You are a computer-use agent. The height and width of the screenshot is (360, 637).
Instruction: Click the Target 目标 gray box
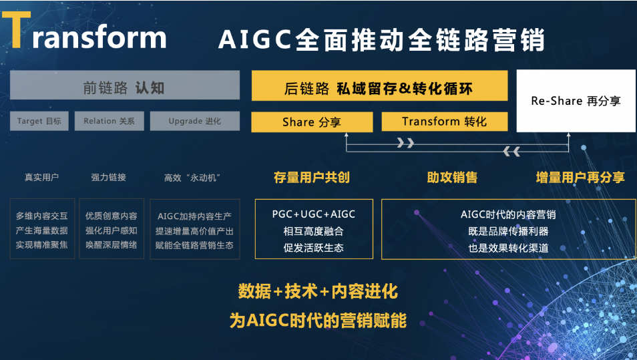click(39, 121)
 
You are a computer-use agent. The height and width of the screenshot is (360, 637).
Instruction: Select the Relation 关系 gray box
click(109, 121)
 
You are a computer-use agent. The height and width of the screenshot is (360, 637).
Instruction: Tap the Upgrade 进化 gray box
click(194, 121)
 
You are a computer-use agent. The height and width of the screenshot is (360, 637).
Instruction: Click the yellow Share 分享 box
click(312, 122)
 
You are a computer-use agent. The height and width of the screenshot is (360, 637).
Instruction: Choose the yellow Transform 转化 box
click(444, 122)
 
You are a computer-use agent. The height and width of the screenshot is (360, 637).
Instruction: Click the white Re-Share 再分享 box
click(576, 101)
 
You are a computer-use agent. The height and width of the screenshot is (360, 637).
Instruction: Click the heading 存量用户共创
click(312, 177)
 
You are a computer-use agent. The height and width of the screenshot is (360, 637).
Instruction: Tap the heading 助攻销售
click(452, 177)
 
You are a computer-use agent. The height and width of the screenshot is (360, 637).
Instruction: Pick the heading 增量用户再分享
click(580, 177)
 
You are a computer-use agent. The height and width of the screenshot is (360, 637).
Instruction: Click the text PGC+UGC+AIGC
click(314, 214)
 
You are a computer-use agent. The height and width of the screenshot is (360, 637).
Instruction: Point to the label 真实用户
click(41, 177)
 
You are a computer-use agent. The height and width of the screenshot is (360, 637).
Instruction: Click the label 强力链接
click(109, 177)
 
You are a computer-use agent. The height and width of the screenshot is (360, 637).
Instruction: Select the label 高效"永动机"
click(192, 177)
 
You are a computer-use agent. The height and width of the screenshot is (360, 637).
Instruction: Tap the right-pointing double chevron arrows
click(405, 142)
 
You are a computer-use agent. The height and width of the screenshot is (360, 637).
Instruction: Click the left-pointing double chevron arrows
click(511, 152)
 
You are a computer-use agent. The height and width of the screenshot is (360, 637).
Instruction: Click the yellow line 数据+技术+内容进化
click(318, 291)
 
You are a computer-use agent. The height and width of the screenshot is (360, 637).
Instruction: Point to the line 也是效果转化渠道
click(508, 248)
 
